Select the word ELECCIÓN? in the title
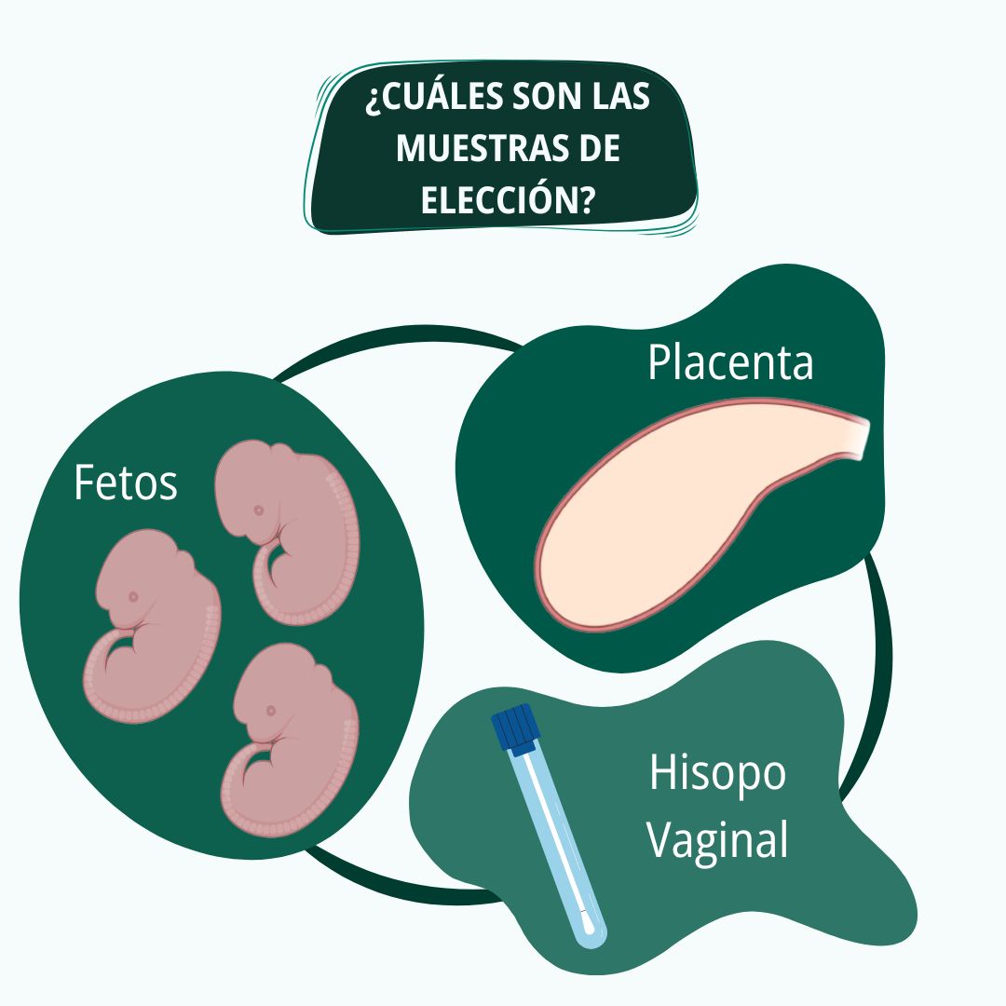click(x=506, y=198)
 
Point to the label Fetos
click(x=126, y=483)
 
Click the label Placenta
click(x=730, y=362)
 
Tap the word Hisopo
click(x=717, y=775)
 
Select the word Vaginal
click(x=716, y=840)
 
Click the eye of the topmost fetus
click(x=259, y=510)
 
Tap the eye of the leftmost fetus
click(x=133, y=597)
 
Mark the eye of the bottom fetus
click(x=271, y=711)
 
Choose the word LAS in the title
click(x=620, y=97)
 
